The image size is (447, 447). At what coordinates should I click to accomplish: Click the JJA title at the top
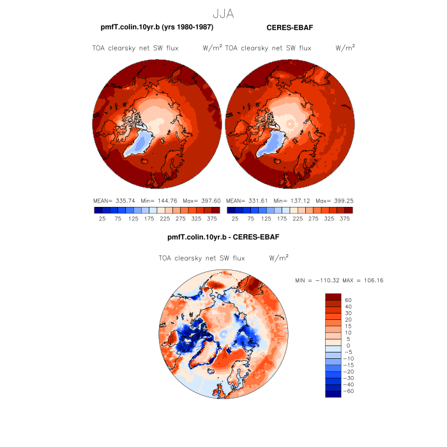[x=223, y=13]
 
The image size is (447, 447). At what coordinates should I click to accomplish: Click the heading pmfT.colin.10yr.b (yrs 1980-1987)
[x=156, y=27]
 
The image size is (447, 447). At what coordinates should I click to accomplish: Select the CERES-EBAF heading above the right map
[x=289, y=27]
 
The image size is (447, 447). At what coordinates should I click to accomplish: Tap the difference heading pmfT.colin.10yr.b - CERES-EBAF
[x=223, y=237]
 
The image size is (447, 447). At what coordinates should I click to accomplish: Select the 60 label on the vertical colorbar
[x=348, y=300]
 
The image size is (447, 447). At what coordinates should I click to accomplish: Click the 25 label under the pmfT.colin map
[x=102, y=218]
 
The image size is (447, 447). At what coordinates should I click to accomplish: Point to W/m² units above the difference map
[x=278, y=259]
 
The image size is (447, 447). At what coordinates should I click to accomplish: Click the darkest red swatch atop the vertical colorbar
[x=333, y=297]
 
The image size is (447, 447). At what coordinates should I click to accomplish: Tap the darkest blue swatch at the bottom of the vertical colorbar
[x=333, y=393]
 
